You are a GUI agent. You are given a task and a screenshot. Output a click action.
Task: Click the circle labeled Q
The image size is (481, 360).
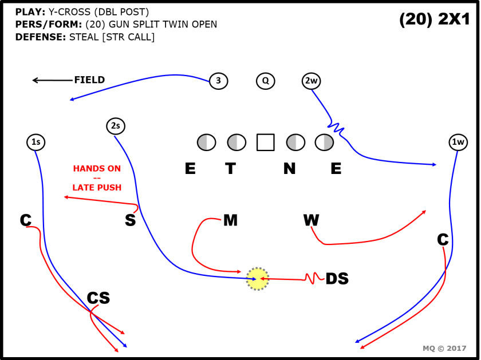[265, 81]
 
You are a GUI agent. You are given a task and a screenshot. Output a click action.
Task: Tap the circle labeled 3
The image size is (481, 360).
[218, 81]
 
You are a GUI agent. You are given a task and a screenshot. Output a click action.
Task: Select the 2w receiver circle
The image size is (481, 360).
[311, 81]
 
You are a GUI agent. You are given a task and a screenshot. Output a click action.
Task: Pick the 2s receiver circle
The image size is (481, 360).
[115, 126]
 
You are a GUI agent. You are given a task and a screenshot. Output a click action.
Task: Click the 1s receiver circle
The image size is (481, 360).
[36, 141]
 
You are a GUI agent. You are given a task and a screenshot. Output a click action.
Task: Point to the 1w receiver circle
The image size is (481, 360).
[458, 141]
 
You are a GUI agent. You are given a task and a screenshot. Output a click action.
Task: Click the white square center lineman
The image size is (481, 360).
[265, 142]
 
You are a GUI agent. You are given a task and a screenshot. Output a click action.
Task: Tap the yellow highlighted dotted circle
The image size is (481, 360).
[258, 279]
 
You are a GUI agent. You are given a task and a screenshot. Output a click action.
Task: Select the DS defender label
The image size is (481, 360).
[337, 279]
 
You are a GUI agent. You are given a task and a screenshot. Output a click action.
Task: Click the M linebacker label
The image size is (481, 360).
[230, 220]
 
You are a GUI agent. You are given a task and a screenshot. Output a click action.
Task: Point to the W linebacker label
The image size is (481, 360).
[311, 220]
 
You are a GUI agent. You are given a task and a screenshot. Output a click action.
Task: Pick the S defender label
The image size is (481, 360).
[130, 220]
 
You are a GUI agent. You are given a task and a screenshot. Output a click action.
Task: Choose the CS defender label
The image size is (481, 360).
[98, 298]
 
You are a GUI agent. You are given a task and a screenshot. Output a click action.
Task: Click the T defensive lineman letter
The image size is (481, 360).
[230, 168]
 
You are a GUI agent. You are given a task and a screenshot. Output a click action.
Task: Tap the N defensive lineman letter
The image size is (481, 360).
[289, 168]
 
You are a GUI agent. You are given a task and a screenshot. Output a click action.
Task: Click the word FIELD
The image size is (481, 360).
[89, 80]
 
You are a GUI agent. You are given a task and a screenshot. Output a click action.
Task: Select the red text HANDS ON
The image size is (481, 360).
[97, 169]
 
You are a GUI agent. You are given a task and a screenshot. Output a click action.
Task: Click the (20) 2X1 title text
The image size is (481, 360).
[434, 19]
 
